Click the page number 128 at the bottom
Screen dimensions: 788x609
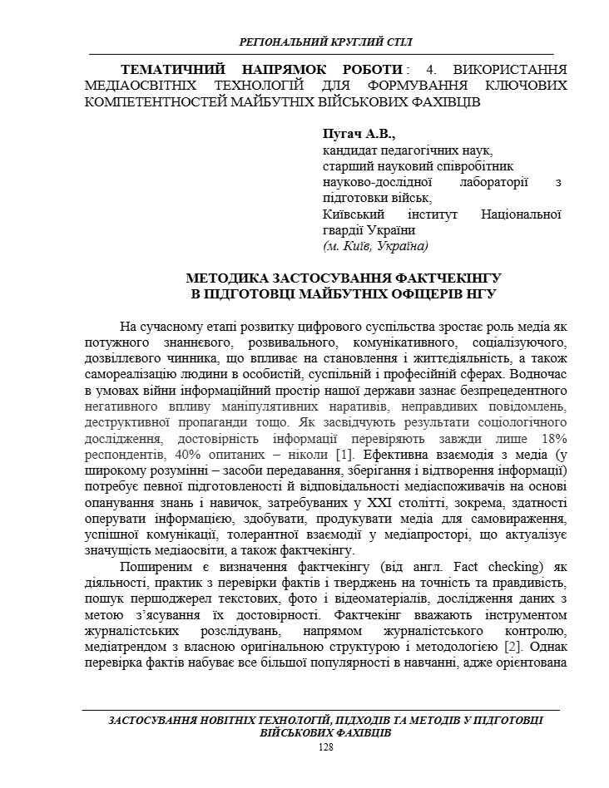pyautogui.click(x=326, y=748)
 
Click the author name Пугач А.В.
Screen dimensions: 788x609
pyautogui.click(x=359, y=134)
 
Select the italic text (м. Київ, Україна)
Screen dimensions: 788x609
pyautogui.click(x=375, y=246)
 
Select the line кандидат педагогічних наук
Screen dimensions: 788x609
pyautogui.click(x=408, y=150)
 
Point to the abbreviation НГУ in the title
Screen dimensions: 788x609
pyautogui.click(x=482, y=293)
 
